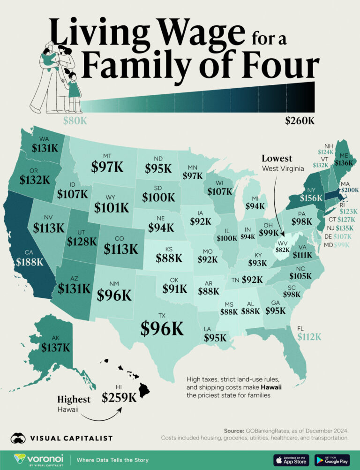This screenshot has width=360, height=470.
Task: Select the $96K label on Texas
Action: [162, 329]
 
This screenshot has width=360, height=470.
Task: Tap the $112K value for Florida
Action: [309, 336]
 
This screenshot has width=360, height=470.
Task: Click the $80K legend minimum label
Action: [75, 121]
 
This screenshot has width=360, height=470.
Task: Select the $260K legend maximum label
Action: [300, 121]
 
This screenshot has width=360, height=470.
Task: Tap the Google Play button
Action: [332, 459]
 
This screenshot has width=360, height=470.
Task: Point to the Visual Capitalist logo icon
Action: [19, 438]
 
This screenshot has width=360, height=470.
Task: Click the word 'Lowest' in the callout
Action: [277, 159]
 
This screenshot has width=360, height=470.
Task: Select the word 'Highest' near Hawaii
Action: [74, 399]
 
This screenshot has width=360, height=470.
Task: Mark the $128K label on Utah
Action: [81, 242]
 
